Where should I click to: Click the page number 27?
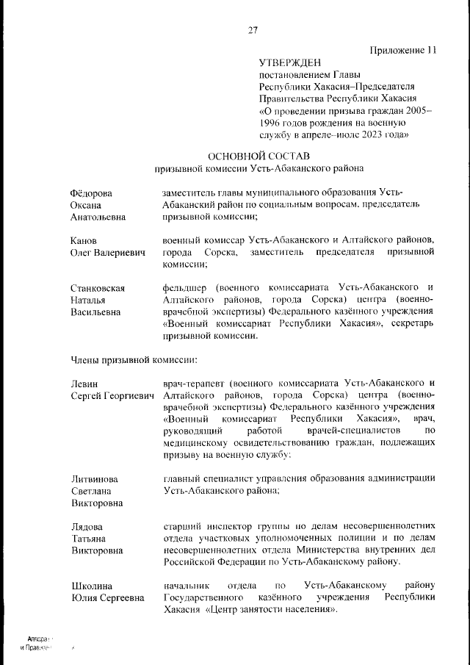click(x=253, y=30)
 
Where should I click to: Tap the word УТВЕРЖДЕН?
click(x=290, y=64)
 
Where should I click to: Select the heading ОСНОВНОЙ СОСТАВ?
click(x=259, y=155)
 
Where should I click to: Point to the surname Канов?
click(x=84, y=240)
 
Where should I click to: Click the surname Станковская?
click(x=98, y=287)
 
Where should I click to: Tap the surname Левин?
click(x=84, y=383)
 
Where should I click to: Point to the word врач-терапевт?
click(x=192, y=383)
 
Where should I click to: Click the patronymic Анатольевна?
click(x=98, y=218)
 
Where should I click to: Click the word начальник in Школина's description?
click(x=187, y=586)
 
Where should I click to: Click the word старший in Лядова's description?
click(x=182, y=526)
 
